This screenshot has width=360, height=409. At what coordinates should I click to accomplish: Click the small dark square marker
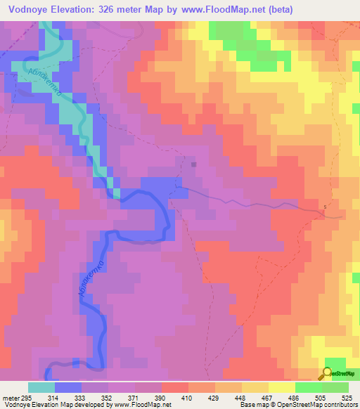point(195,165)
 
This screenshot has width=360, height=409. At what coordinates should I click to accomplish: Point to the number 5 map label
point(325,207)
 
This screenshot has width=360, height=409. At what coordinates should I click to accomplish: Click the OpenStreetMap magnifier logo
point(328,374)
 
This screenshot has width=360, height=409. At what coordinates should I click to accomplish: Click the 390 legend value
point(160,397)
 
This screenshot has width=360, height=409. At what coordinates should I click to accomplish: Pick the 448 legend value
point(240,397)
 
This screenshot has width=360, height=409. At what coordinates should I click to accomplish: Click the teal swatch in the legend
point(41,387)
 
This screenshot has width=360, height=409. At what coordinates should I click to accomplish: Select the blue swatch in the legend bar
point(67,387)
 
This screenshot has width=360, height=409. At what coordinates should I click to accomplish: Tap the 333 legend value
point(80,397)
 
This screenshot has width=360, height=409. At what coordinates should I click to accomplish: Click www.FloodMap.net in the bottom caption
point(143,405)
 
